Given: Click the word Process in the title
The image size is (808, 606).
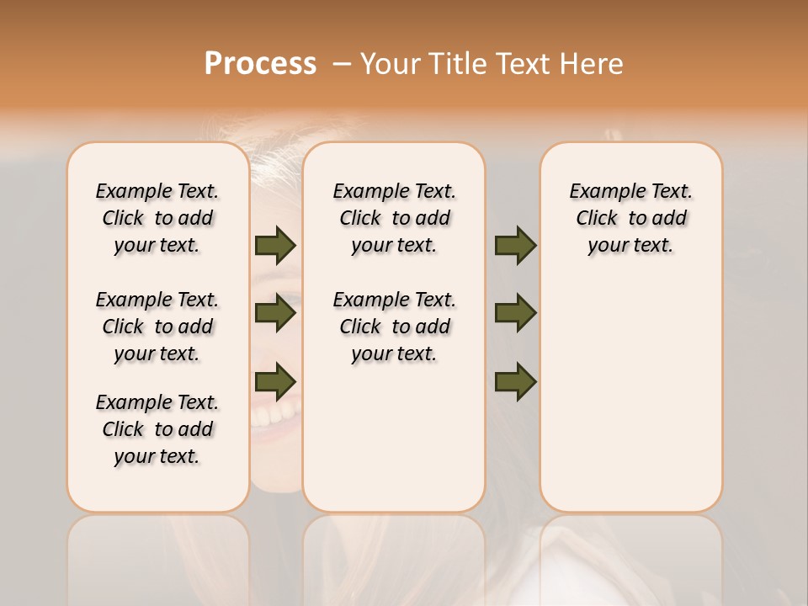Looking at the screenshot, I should pyautogui.click(x=260, y=64).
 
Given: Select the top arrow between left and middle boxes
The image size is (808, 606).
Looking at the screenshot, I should pyautogui.click(x=275, y=245).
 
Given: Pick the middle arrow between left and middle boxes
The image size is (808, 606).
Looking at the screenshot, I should pyautogui.click(x=275, y=313).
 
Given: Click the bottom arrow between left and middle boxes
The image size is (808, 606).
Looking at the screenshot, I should pyautogui.click(x=275, y=381).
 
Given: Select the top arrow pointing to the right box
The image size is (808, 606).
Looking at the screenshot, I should pyautogui.click(x=515, y=245).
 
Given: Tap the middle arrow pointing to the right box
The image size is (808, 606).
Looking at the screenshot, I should pyautogui.click(x=515, y=313).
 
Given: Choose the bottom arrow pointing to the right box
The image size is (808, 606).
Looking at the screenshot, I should pyautogui.click(x=515, y=381).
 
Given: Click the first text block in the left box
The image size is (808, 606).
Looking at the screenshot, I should pyautogui.click(x=157, y=218).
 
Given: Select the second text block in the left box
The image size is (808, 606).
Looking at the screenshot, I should pyautogui.click(x=157, y=327).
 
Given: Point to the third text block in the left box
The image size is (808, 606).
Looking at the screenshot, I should pyautogui.click(x=157, y=429).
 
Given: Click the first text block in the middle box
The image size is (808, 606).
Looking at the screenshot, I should pyautogui.click(x=395, y=218).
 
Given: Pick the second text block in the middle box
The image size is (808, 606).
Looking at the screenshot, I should pyautogui.click(x=395, y=327).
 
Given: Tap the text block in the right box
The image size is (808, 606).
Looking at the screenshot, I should pyautogui.click(x=631, y=218).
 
